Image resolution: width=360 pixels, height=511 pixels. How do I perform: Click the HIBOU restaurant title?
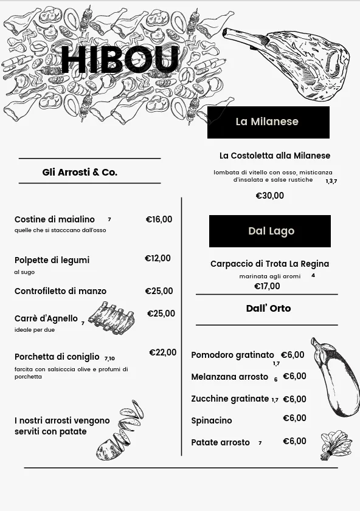120,60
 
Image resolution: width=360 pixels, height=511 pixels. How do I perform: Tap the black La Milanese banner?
268,122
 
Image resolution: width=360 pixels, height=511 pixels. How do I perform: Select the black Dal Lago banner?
270,231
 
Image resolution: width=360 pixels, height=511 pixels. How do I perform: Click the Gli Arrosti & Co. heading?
80,173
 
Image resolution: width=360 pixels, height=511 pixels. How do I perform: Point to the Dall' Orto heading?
268,309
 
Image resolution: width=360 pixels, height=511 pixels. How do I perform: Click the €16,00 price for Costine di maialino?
159,220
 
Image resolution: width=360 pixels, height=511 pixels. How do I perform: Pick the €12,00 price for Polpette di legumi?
157,259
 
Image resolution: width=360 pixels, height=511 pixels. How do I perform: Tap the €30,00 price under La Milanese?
269,196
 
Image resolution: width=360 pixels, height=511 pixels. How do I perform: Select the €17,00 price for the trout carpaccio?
267,286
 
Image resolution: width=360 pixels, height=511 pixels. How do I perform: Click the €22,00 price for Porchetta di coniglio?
162,353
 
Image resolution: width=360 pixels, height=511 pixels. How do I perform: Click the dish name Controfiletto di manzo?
60,292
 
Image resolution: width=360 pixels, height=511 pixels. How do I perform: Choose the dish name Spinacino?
211,420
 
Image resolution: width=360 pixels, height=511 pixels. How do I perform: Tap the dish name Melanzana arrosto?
229,377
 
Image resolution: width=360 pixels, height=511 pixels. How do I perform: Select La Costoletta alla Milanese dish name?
275,156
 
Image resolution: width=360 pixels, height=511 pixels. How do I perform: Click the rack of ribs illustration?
111,318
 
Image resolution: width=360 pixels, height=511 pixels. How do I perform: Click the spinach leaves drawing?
335,445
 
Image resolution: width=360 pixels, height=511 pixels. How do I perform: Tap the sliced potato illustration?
120,431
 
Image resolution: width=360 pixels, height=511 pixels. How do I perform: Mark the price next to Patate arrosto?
294,442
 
